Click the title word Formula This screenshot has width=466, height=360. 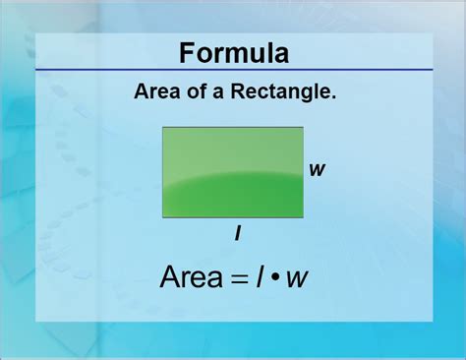(233, 52)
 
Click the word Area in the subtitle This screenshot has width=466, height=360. (152, 93)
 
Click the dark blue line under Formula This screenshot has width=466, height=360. (233, 71)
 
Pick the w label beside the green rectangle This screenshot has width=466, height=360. (317, 169)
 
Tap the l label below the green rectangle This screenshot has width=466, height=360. (238, 233)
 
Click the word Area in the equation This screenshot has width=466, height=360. (193, 278)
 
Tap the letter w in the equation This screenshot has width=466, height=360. (297, 280)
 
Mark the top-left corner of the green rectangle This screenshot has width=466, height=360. (163, 128)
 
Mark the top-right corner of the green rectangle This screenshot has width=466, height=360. (303, 128)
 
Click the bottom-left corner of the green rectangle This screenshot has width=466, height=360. (163, 215)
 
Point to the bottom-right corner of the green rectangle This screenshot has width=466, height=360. (303, 215)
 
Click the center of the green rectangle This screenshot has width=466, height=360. (233, 172)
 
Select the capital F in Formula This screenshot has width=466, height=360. (184, 52)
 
